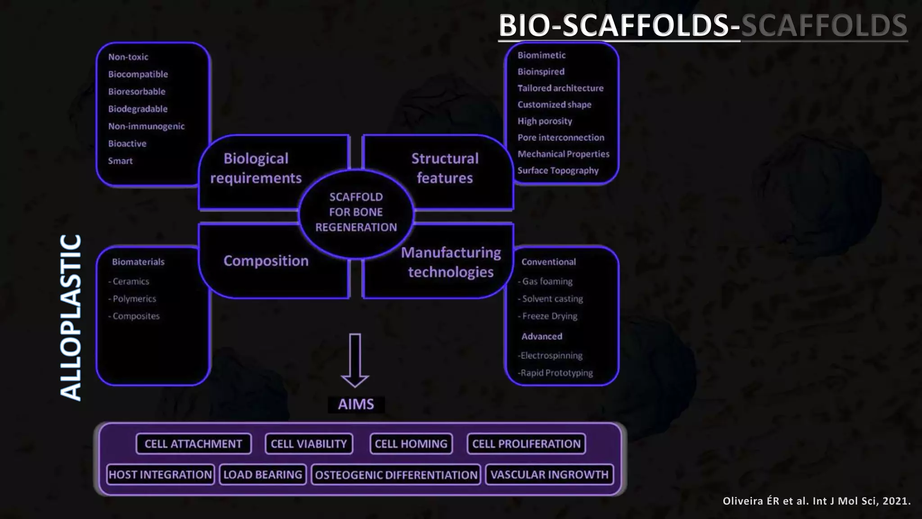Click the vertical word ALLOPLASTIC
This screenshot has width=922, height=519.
[71, 318]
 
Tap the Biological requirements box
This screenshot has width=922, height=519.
[256, 168]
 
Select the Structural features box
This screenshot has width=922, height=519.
[445, 168]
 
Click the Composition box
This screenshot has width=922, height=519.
[266, 261]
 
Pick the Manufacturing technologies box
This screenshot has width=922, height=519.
[451, 262]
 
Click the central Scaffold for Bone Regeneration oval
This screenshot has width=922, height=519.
[356, 212]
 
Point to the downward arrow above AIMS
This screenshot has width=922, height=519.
[355, 360]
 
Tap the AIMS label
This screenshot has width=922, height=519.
[356, 404]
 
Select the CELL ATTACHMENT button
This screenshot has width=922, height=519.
[193, 444]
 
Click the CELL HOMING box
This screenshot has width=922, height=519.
[411, 444]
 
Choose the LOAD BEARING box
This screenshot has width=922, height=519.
[262, 475]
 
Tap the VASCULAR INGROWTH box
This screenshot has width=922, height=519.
[549, 475]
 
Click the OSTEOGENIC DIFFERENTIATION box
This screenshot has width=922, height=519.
[396, 475]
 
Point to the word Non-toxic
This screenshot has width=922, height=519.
[128, 57]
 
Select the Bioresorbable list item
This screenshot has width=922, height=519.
[136, 91]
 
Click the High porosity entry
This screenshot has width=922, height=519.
[545, 121]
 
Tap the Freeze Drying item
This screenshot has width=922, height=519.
[549, 316]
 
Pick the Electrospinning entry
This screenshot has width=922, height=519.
[551, 355]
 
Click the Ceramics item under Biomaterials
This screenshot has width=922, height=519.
[130, 282]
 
